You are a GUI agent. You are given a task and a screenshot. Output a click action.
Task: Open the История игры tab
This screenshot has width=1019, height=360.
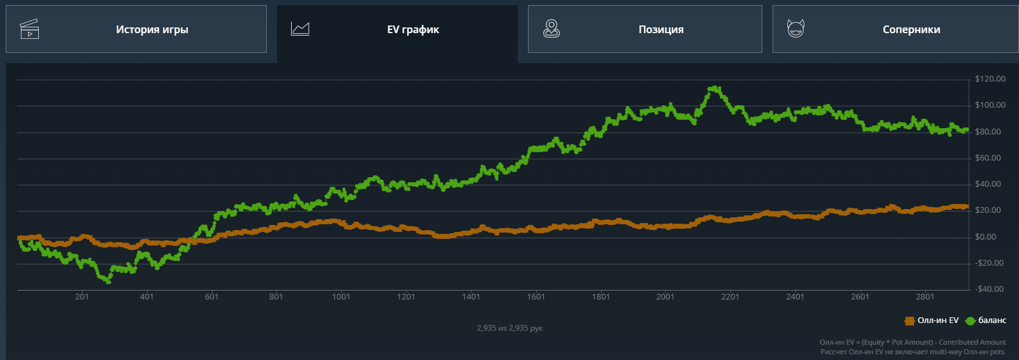coord(136,29)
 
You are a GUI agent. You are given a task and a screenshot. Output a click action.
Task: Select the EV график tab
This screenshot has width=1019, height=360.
coord(397,30)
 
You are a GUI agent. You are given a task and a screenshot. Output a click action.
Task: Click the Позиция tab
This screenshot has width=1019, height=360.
coord(645,29)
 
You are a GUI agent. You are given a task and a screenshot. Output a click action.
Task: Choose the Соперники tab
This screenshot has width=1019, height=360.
coord(895,29)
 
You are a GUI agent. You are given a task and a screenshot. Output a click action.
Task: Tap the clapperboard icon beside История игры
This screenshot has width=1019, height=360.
coord(30,29)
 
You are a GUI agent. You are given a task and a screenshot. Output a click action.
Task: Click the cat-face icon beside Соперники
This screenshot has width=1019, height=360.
coord(795,29)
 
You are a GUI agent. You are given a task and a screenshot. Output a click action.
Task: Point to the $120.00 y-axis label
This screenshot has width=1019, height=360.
coord(990,79)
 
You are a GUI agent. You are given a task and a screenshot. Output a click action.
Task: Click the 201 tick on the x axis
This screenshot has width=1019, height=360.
coord(82,297)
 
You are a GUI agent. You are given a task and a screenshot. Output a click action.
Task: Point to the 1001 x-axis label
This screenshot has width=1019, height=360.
coord(341,297)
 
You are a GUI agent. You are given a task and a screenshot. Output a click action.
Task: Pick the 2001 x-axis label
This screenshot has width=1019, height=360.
coord(665,297)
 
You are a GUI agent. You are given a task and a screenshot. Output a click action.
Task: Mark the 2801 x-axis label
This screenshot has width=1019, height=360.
coord(925,297)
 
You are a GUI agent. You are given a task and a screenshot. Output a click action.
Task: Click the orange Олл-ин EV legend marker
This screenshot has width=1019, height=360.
coord(909,320)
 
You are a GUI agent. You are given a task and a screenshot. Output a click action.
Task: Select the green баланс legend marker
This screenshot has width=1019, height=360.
coord(971,320)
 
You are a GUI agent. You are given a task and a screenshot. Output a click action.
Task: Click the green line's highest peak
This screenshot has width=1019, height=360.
coord(715,88)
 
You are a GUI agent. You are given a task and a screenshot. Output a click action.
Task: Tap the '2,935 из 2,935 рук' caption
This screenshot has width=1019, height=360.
coord(509,328)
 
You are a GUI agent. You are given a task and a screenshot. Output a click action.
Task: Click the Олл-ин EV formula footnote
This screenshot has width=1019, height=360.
coord(913,343)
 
